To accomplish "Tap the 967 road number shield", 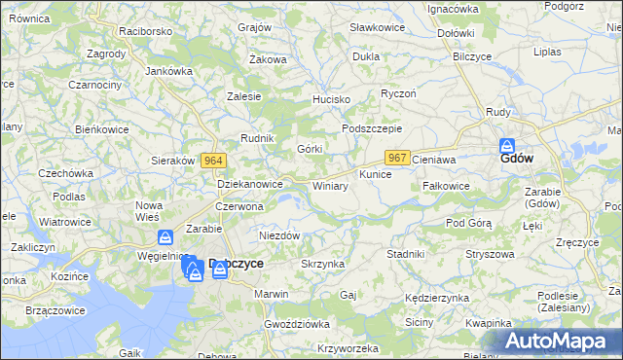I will [396, 158].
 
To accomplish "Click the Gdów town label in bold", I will [516, 158].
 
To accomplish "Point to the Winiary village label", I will [330, 185].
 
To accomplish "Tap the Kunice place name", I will [375, 175].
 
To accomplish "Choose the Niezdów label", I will [278, 235].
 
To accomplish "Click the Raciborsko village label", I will [145, 31].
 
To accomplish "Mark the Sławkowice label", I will [377, 27].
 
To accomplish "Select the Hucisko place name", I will [330, 100].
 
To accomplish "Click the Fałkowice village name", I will [447, 186].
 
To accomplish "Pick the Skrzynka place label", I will [323, 264].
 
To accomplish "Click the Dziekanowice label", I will [250, 183].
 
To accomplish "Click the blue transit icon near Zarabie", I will [165, 237].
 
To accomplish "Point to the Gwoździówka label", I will [297, 322].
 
